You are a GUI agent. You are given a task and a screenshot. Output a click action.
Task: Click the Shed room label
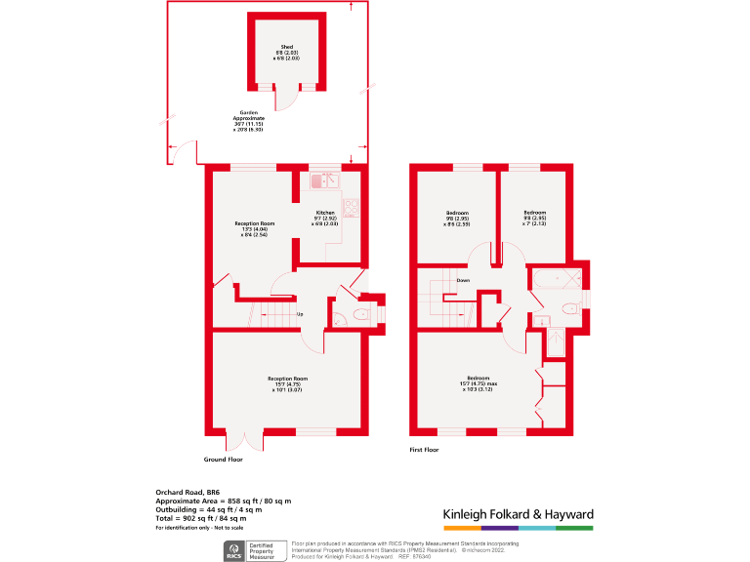click(x=287, y=53)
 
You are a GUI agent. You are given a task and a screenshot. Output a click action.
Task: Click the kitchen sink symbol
click(x=323, y=181)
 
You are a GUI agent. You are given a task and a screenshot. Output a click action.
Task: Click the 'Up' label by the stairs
click(x=299, y=314)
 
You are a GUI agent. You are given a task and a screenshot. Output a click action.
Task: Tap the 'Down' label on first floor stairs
click(x=463, y=281)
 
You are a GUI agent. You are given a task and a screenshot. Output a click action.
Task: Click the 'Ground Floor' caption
click(x=223, y=459)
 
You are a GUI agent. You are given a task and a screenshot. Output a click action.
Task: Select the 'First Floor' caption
click(x=424, y=450)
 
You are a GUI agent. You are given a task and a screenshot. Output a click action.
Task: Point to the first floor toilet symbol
click(x=570, y=309)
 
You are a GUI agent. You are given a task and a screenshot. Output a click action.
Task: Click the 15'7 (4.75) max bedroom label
click(x=478, y=383)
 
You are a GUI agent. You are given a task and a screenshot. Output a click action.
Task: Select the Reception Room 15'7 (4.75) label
click(x=288, y=383)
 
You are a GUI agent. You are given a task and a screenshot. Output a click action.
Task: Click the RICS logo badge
click(x=235, y=549)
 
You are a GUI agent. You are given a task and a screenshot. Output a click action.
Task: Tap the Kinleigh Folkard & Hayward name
click(x=518, y=514)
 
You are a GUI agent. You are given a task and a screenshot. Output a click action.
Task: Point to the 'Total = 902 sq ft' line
click(x=205, y=518)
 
